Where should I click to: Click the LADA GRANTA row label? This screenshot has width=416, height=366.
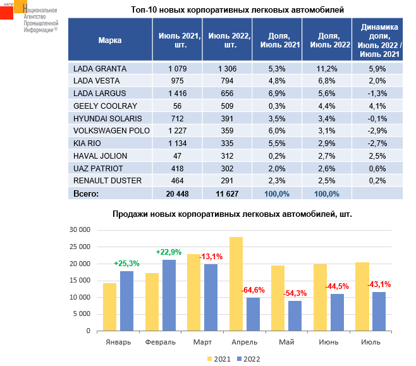coord(100,68)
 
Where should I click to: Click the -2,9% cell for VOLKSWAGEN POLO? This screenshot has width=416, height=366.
coord(379,131)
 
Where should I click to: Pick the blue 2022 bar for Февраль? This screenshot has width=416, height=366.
coord(169,295)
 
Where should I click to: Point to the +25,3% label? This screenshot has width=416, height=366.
coord(126,263)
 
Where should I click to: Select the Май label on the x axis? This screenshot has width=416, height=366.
coord(286,342)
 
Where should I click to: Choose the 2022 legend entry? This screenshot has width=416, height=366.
coord(247,358)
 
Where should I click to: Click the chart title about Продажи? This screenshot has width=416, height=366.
coord(232,214)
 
